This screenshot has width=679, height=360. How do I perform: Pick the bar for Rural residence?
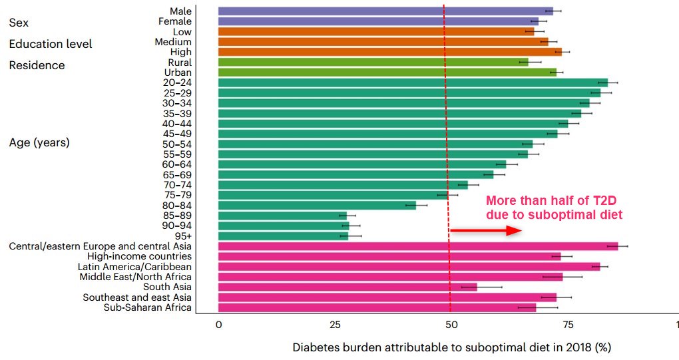[x=373, y=62]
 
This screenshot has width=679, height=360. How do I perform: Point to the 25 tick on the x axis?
[x=336, y=324]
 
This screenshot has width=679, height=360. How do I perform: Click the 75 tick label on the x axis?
[x=567, y=324]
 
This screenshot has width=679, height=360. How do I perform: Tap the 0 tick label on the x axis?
[x=218, y=324]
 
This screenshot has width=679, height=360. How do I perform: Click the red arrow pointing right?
[x=485, y=230]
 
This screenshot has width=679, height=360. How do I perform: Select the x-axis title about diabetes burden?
[x=451, y=347]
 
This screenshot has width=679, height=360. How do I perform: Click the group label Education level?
[x=51, y=44]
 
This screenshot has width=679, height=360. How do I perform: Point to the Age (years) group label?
[x=39, y=142]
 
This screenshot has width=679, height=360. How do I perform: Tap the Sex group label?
[x=19, y=23]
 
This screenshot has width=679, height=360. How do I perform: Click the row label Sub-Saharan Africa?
[x=148, y=307]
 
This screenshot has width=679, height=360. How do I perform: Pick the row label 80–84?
[x=177, y=205]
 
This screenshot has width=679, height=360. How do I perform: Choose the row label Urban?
[x=178, y=73]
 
